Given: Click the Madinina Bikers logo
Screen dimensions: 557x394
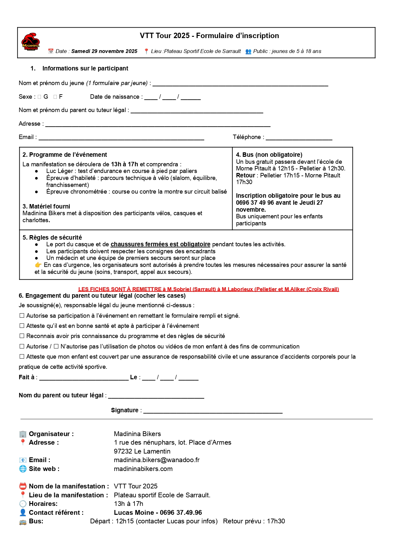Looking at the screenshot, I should (30, 42).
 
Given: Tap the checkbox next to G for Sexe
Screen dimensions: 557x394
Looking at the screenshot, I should (39, 97).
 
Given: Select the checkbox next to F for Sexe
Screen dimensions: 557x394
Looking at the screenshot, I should (55, 97).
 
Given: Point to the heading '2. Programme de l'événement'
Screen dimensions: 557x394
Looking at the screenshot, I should (65, 155).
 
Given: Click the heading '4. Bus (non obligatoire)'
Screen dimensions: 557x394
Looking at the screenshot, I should (269, 155).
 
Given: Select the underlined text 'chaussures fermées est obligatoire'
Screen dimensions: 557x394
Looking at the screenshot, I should (160, 244).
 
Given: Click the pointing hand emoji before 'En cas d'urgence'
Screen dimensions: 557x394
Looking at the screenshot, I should (38, 265).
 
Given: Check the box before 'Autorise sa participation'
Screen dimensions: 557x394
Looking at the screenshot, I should (22, 315).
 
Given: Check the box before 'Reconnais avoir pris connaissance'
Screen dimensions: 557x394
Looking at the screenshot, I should (22, 336).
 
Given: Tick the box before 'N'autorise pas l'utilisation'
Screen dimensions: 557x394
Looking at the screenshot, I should (56, 346).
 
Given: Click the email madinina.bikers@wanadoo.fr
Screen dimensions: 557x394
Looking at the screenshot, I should (157, 460).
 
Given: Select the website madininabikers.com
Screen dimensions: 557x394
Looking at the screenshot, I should (143, 469).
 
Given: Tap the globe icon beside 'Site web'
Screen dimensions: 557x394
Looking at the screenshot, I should (23, 469).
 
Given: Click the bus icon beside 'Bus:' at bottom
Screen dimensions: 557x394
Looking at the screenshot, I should (23, 521).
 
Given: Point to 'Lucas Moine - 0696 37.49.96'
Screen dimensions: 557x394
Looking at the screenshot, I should (158, 513).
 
